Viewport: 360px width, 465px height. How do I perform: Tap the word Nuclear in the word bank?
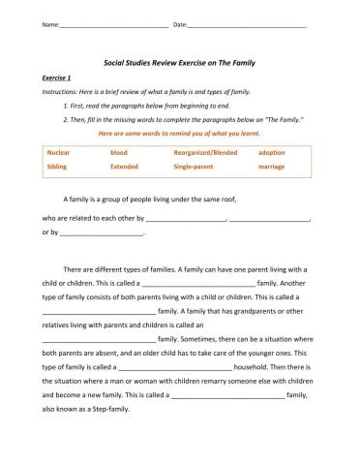[x=58, y=153]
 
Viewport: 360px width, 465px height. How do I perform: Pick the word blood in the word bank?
[x=118, y=153]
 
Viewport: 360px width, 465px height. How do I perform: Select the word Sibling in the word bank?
[x=56, y=167]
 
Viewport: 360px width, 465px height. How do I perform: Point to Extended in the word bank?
[x=124, y=167]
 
